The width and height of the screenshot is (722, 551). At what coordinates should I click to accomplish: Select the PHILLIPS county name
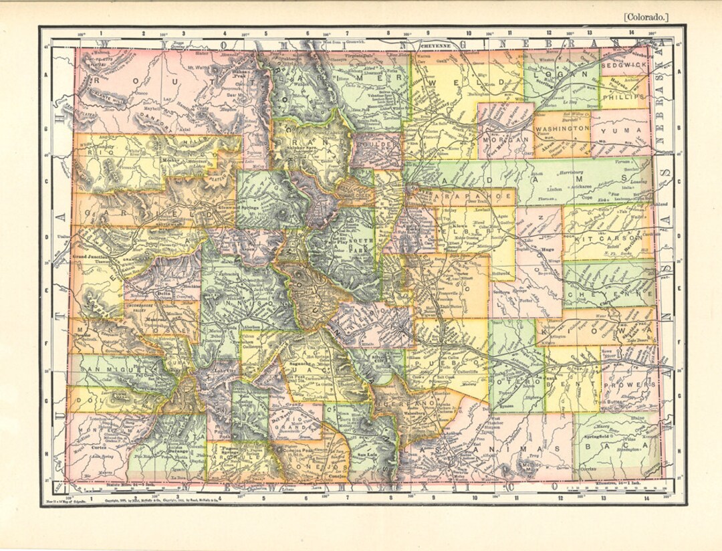(624, 96)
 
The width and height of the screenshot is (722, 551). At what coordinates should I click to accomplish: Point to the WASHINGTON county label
(562, 127)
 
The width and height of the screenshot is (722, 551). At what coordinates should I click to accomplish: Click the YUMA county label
(621, 131)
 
